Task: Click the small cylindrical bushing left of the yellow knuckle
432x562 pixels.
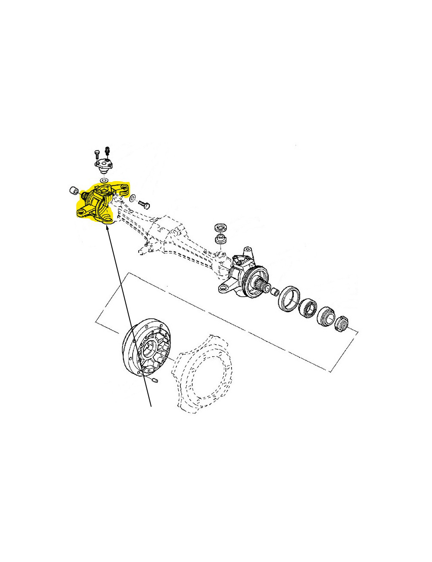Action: point(73,190)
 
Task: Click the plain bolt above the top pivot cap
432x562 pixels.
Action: point(97,154)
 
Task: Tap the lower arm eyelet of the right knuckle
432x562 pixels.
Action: point(226,288)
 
